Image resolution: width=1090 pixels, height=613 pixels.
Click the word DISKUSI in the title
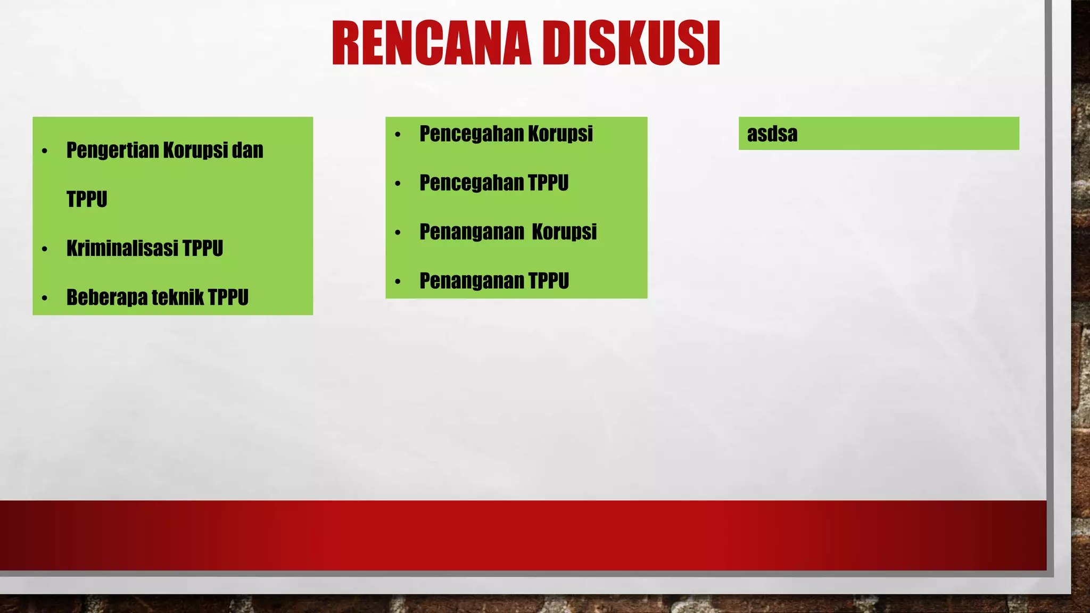(633, 44)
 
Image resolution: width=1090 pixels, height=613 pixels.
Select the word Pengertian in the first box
(112, 151)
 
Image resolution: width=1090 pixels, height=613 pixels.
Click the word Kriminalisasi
(122, 248)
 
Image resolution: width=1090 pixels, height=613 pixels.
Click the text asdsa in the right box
(772, 134)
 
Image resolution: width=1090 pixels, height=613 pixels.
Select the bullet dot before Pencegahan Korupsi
(398, 135)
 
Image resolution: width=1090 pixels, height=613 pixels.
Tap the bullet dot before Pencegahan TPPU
(398, 184)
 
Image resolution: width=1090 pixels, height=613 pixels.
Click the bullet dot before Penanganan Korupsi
(398, 233)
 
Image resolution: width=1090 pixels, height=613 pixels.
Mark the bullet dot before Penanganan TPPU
(398, 282)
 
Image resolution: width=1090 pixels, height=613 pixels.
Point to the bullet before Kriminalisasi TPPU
(45, 249)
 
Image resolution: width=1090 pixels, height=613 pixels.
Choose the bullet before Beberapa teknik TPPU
(45, 299)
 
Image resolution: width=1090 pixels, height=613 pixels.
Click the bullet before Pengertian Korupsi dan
(45, 152)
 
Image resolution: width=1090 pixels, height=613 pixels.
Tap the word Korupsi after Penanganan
(564, 233)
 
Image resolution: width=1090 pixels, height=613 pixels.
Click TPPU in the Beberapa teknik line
(228, 298)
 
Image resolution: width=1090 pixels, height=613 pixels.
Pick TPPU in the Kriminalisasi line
(202, 248)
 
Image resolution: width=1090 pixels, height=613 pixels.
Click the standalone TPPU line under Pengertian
(87, 200)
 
